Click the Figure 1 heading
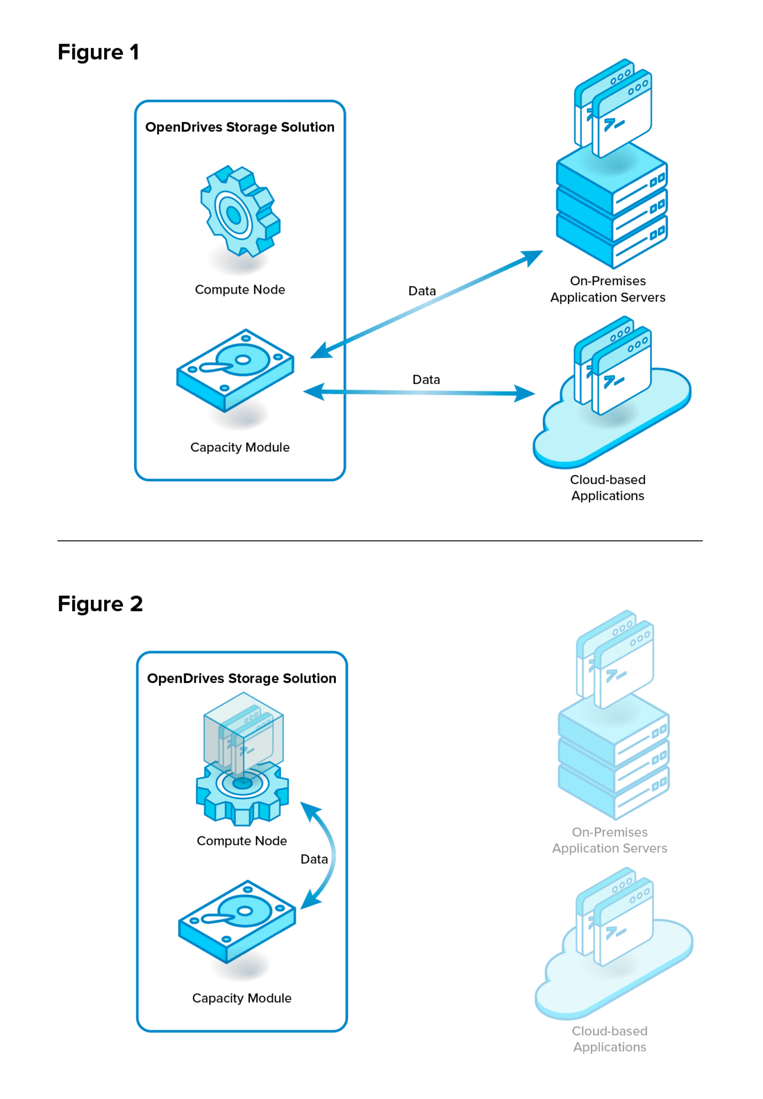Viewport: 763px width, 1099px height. click(98, 52)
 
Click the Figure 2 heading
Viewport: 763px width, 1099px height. click(100, 604)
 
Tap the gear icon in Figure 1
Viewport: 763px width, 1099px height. click(239, 212)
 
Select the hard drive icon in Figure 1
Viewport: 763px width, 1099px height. click(235, 369)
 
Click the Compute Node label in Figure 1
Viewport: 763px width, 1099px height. click(240, 290)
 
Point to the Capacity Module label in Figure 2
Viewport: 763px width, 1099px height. click(241, 998)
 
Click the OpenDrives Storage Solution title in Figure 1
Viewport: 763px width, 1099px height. click(240, 127)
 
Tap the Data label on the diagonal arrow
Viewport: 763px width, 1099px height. click(422, 291)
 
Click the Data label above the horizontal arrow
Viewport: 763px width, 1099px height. click(426, 379)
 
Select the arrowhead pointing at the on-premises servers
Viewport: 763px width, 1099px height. click(531, 257)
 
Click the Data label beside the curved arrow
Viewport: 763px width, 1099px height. click(314, 859)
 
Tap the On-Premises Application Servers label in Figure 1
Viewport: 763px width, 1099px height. click(607, 289)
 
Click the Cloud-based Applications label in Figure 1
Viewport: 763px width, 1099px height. click(607, 488)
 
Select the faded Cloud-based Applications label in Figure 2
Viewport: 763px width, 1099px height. click(610, 1039)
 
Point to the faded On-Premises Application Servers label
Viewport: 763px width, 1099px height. click(610, 840)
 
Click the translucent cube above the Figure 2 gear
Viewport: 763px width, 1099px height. click(244, 733)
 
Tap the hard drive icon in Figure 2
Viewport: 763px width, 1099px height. click(237, 920)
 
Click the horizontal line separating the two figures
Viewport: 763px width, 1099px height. click(380, 540)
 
